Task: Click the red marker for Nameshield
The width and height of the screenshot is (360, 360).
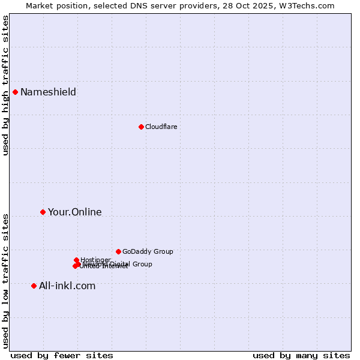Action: [15, 92]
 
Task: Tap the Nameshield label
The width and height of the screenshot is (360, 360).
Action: [48, 92]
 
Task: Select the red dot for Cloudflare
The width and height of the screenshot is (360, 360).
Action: [141, 127]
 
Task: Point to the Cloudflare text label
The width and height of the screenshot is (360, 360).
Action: [161, 127]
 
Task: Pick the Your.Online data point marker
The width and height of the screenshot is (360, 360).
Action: [43, 212]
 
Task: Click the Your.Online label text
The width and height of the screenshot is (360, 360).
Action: [74, 212]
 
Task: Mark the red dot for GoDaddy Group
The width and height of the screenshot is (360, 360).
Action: [118, 251]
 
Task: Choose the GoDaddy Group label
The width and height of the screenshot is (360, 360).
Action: [148, 251]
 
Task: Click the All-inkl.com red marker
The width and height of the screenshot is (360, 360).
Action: [34, 286]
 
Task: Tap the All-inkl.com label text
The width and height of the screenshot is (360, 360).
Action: [67, 286]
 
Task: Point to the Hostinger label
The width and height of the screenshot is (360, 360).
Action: [95, 260]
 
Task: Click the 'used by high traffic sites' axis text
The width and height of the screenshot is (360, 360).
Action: [6, 85]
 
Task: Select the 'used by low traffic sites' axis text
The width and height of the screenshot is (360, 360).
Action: [6, 280]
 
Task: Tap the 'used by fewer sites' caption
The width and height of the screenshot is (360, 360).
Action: [62, 355]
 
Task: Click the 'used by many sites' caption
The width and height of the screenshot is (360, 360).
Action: [301, 355]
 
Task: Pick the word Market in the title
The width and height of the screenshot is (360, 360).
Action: [39, 5]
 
